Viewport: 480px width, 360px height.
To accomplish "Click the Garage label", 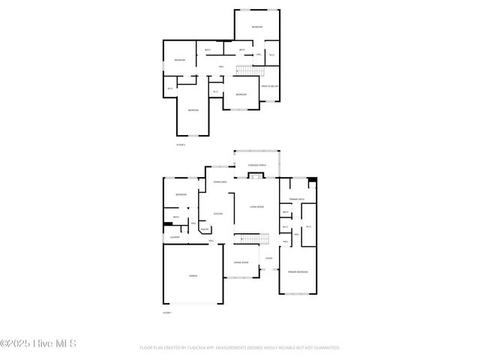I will [x=193, y=276].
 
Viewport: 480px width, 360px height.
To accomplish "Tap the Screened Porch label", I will [x=256, y=165].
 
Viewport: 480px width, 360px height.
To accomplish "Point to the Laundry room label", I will [x=174, y=237].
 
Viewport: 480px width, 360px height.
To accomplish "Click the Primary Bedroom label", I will [x=298, y=271].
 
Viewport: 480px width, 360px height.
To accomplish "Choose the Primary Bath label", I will [x=298, y=199].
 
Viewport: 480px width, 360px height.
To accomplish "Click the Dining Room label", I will [x=241, y=262].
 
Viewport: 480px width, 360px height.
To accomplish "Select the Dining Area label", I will [x=220, y=181].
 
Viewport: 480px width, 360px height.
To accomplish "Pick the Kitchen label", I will [x=217, y=214].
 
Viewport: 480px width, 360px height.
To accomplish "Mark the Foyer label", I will [x=268, y=259].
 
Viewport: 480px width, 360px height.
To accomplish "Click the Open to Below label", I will [x=270, y=86].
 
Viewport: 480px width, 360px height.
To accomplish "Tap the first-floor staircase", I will [x=252, y=238].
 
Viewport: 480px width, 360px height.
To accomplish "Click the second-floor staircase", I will [x=247, y=70].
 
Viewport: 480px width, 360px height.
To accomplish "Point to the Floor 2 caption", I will [x=180, y=144].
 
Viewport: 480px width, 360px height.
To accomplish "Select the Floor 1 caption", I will [x=167, y=312].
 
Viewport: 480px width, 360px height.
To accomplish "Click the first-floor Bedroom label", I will [x=181, y=195].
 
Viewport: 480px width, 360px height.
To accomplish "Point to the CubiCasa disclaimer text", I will [x=240, y=348].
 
